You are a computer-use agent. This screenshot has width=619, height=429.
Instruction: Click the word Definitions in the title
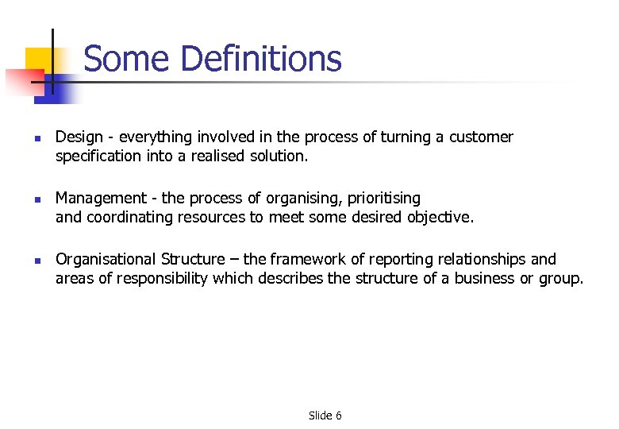click(261, 59)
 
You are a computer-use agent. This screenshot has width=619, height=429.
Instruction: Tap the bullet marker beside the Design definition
click(37, 138)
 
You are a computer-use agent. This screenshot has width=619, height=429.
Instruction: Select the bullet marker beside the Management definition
click(37, 199)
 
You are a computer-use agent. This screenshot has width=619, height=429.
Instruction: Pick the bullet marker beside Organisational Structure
click(37, 260)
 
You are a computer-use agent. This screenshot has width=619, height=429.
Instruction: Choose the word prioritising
click(384, 198)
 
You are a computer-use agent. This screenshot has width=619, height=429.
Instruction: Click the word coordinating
click(128, 217)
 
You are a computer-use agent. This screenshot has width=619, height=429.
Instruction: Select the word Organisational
click(106, 259)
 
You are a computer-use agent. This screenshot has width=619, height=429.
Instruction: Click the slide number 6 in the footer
click(338, 415)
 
